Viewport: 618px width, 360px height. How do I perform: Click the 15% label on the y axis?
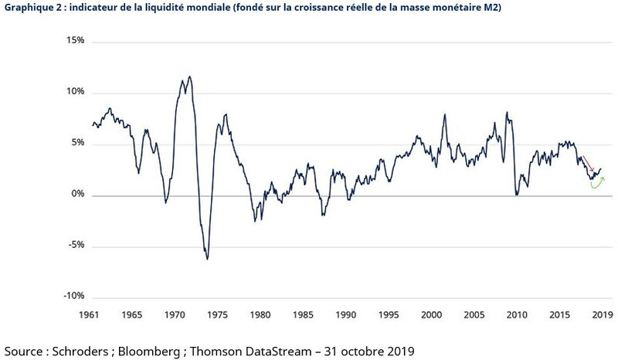pos(74,41)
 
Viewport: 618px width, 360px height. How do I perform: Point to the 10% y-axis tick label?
pos(74,93)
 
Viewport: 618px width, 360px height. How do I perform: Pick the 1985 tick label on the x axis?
pos(301,315)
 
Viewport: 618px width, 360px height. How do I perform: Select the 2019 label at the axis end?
pos(602,315)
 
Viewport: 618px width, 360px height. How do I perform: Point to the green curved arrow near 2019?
pos(596,185)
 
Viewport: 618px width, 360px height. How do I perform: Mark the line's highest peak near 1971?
pos(189,76)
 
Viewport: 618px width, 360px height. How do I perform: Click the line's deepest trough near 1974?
pos(207,259)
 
